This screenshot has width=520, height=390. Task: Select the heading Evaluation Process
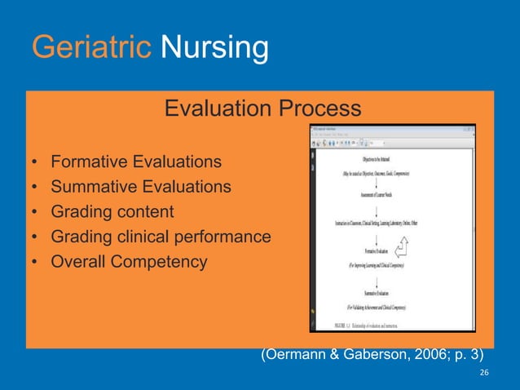pos(262,108)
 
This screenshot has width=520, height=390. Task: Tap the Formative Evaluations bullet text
pos(135,162)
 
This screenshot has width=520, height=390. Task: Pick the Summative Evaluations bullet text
pos(140,187)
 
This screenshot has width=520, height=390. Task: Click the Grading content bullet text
pos(112,212)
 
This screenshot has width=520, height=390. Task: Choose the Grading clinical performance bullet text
pos(161,237)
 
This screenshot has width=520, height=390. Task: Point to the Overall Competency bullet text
pos(129,263)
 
